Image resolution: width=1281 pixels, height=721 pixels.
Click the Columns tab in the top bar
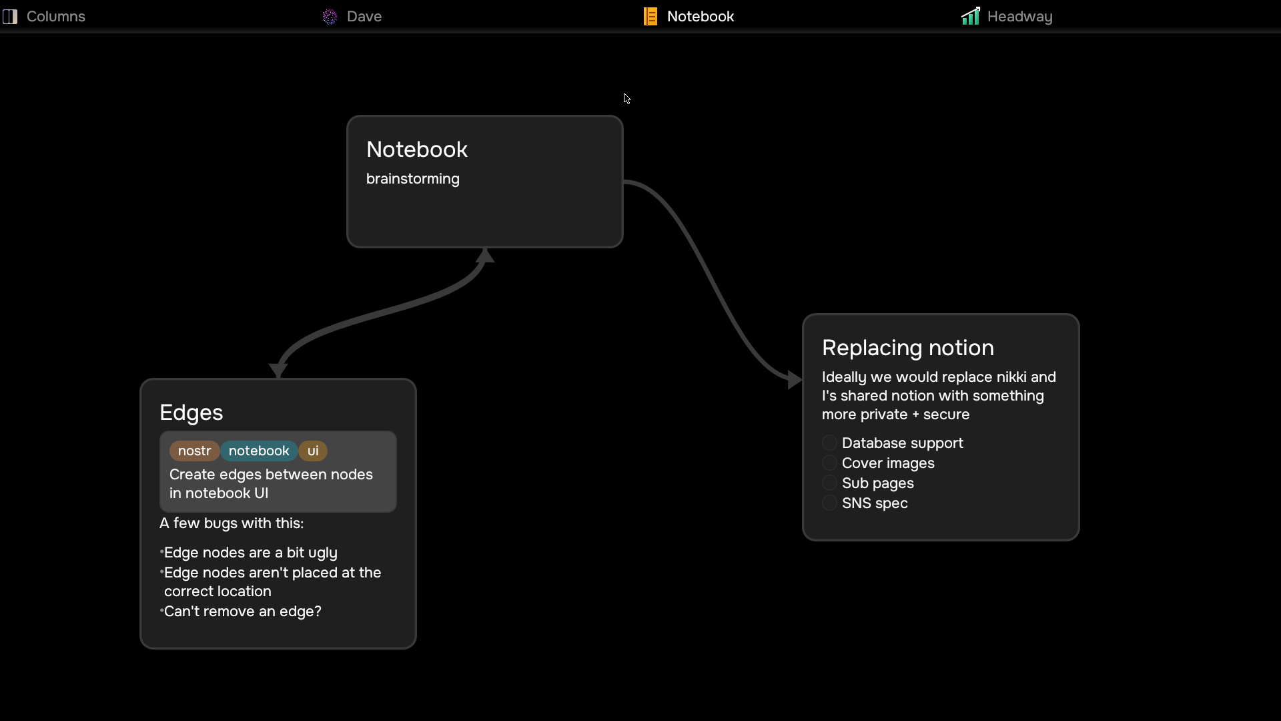point(44,17)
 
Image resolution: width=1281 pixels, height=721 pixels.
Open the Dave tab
point(352,17)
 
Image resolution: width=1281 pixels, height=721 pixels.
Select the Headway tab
point(1007,17)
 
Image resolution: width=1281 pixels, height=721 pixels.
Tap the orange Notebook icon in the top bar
point(651,17)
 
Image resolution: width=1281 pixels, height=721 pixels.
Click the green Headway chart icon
point(971,16)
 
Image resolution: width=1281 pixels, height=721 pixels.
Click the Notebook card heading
point(417,150)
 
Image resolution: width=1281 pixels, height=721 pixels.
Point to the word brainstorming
point(413,179)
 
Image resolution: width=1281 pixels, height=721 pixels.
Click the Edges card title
point(191,413)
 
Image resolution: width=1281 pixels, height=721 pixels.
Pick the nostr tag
point(194,451)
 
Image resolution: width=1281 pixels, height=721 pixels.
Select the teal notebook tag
point(259,451)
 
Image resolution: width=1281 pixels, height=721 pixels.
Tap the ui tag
point(313,451)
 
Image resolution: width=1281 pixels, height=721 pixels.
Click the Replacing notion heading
point(908,348)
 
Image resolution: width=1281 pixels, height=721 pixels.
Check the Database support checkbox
point(829,443)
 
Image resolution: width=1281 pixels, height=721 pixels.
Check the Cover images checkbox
point(829,463)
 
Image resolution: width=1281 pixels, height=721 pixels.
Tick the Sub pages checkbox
point(829,483)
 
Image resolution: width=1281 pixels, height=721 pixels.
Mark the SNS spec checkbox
point(829,503)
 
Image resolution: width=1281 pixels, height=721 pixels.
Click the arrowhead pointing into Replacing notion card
point(795,380)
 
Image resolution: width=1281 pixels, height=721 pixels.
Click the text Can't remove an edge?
point(243,612)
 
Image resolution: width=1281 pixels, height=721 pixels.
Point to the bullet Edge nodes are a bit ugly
point(251,553)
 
